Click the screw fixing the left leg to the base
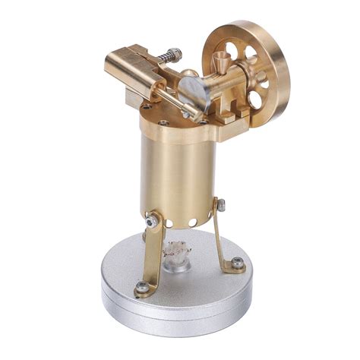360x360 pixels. [143, 286]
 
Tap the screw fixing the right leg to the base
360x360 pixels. [238, 263]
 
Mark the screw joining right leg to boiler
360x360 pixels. [220, 204]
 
